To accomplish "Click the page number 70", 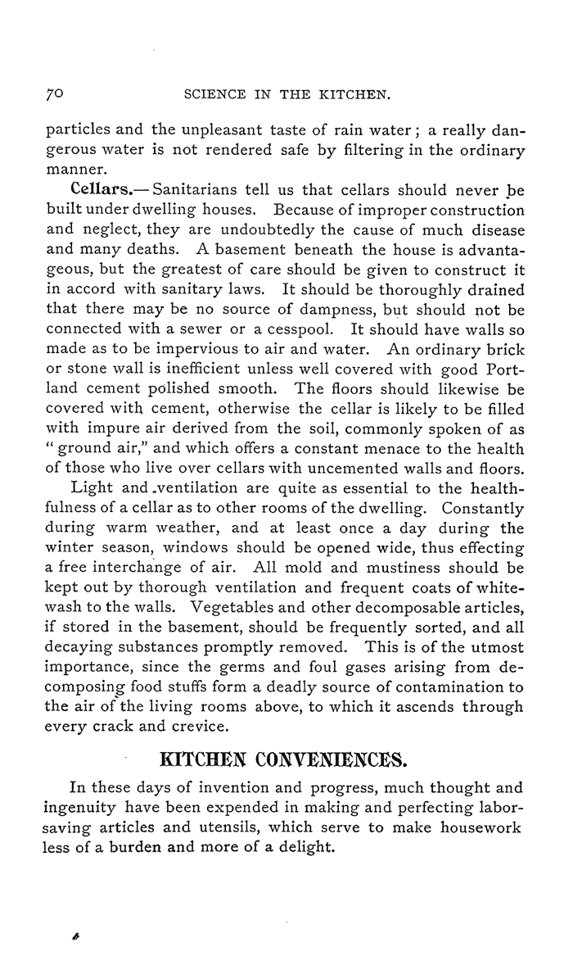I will point(53,94).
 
